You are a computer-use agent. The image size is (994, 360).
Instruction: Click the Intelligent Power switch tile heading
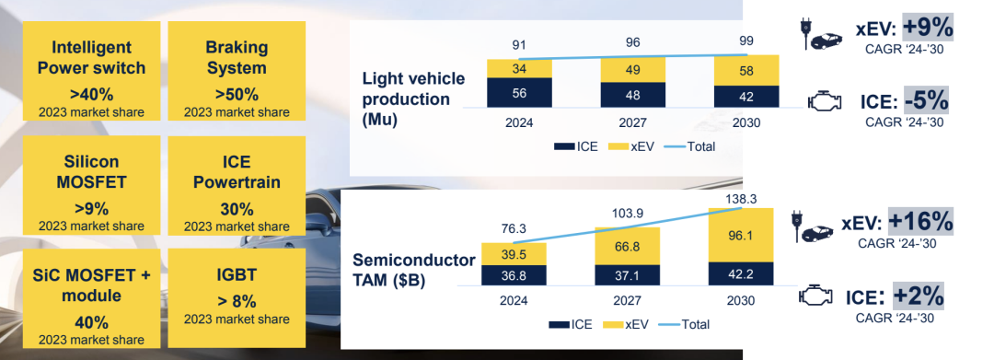[x=91, y=58]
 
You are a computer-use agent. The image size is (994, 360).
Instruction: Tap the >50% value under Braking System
[x=237, y=95]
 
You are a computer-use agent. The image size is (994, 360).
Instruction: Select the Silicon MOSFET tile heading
[x=91, y=172]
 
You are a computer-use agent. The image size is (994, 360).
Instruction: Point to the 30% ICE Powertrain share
[x=237, y=209]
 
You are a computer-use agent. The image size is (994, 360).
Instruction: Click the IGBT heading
[x=237, y=275]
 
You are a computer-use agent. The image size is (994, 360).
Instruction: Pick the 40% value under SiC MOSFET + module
[x=91, y=322]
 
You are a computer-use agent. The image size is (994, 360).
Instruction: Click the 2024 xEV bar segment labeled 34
[x=519, y=69]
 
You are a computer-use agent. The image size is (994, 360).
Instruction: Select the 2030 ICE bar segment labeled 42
[x=746, y=97]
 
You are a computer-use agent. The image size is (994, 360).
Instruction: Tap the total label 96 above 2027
[x=632, y=42]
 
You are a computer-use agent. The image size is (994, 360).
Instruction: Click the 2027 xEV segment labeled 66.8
[x=627, y=246]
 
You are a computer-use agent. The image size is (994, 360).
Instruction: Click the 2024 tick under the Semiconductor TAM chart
[x=513, y=300]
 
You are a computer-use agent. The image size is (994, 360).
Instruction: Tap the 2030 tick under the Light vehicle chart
[x=746, y=122]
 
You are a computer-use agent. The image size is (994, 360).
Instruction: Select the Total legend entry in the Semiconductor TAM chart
[x=684, y=324]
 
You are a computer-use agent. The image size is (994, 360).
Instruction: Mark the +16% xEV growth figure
[x=919, y=221]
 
